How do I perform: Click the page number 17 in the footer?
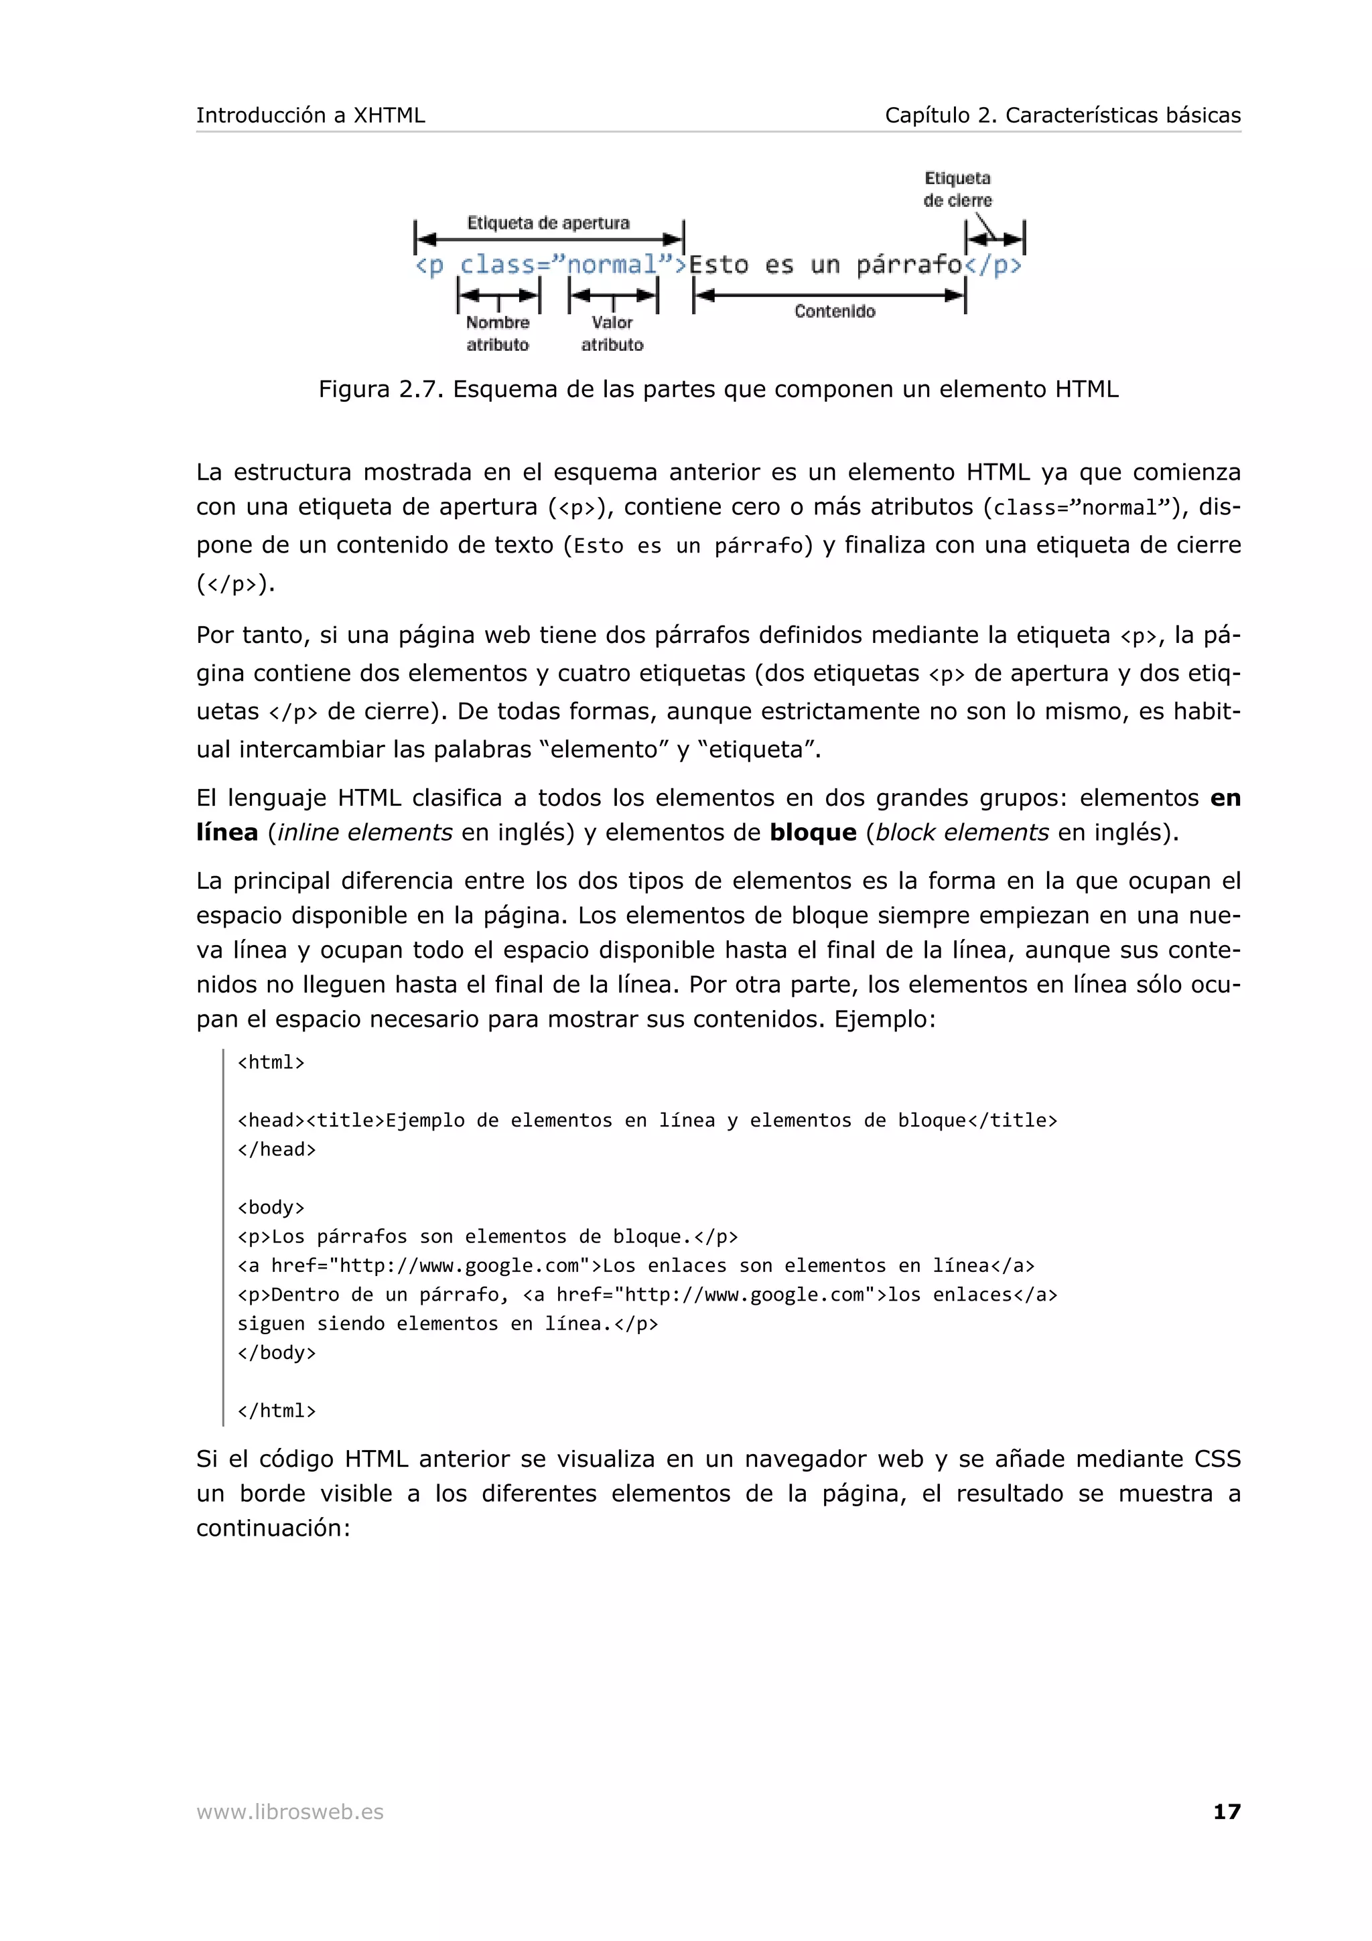point(1226,1811)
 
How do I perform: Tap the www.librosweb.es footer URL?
point(290,1812)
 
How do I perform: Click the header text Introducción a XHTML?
point(310,115)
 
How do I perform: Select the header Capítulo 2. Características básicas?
point(1062,115)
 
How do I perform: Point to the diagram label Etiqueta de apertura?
point(548,223)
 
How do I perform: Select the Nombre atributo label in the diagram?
point(497,333)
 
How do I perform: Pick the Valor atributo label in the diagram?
point(612,333)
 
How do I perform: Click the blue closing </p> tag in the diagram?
point(993,265)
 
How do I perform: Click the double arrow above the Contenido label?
point(829,295)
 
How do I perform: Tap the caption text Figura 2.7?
point(380,389)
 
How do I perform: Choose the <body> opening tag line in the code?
point(271,1207)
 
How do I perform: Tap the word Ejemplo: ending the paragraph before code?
point(885,1019)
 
